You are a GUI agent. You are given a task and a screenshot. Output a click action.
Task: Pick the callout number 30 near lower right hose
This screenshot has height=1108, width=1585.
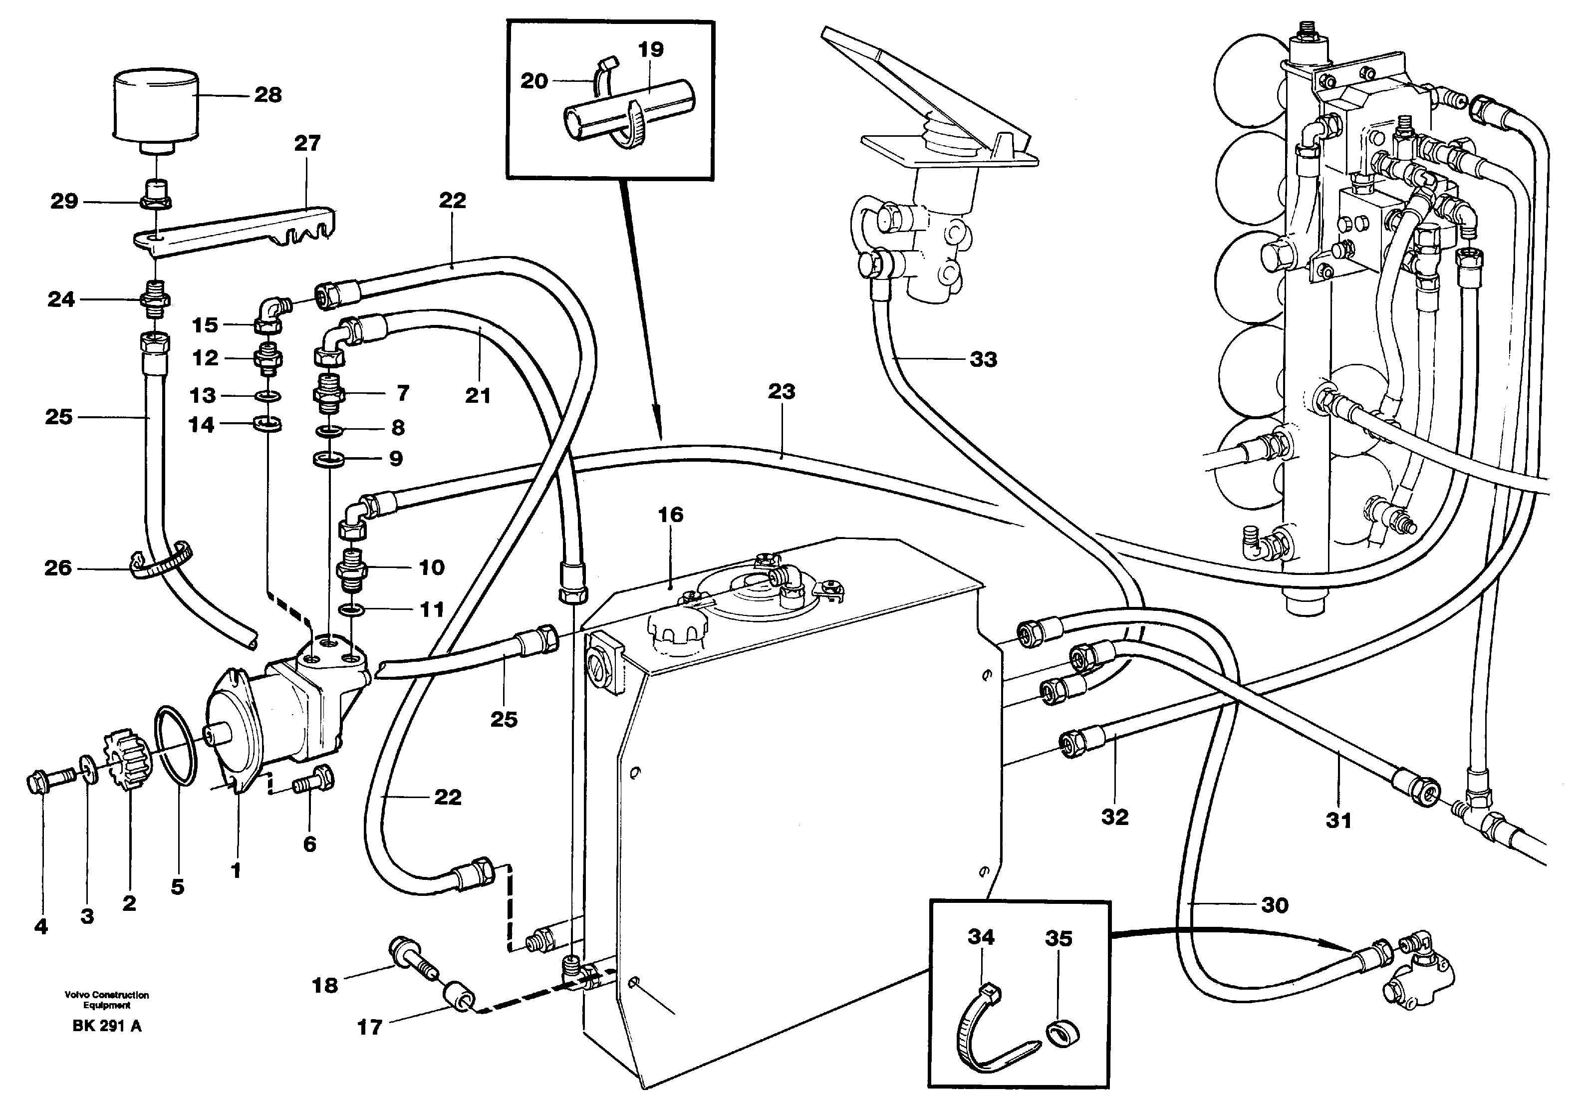point(1275,904)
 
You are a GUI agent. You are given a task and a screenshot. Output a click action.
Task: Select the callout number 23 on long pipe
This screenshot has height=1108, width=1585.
point(782,391)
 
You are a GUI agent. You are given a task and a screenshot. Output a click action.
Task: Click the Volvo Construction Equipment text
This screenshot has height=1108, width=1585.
point(107,1000)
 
